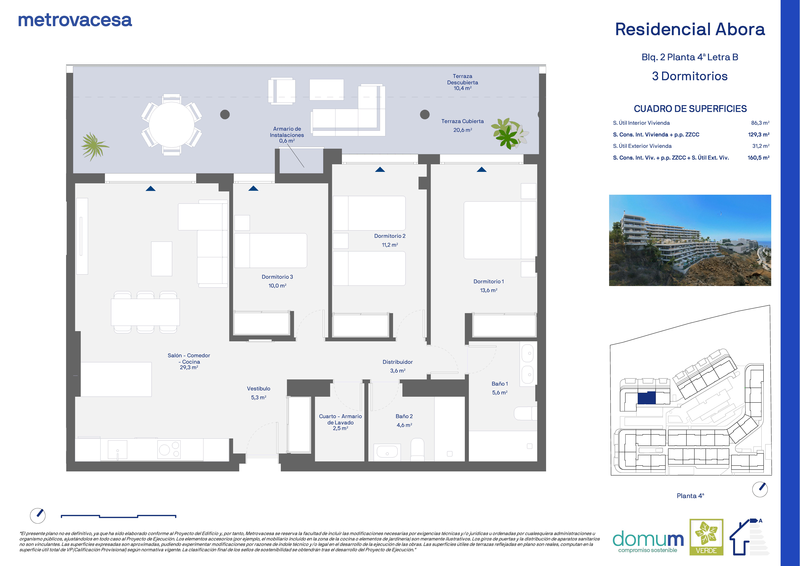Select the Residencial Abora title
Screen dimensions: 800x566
pyautogui.click(x=690, y=29)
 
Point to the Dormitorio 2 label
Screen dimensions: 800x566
pyautogui.click(x=390, y=236)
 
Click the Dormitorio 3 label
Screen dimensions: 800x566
pyautogui.click(x=277, y=277)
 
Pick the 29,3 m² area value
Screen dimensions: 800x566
pyautogui.click(x=189, y=367)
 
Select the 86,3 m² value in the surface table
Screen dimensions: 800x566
pyautogui.click(x=760, y=123)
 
